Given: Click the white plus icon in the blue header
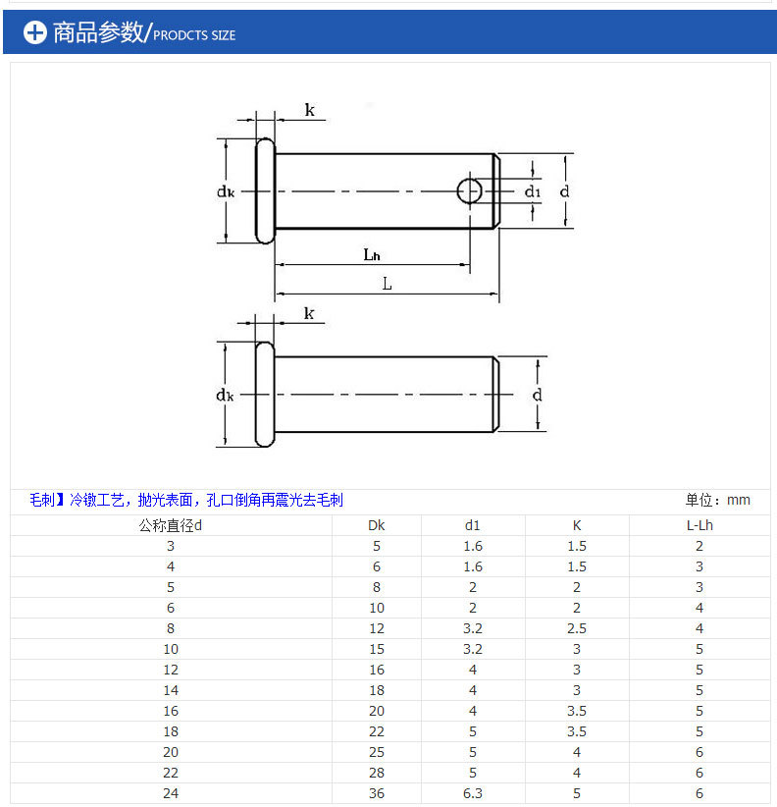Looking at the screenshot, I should (35, 32).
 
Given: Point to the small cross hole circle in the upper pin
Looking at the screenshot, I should (470, 191).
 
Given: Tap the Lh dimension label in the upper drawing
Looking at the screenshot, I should (371, 254).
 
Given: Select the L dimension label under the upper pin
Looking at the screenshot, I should (387, 284).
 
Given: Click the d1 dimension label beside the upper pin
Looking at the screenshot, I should (532, 191).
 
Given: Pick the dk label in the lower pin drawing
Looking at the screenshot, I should (225, 395).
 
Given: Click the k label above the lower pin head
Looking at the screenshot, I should (309, 313).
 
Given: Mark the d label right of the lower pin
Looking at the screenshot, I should (537, 395).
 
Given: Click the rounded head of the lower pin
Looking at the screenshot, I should (264, 394).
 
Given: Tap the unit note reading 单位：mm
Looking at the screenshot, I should (717, 500).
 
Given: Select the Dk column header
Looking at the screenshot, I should (376, 525).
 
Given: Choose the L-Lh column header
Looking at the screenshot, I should (699, 525).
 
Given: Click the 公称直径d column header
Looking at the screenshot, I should (170, 525).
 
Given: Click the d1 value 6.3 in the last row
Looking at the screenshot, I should (473, 793).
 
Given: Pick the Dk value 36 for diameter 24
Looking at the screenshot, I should (376, 793).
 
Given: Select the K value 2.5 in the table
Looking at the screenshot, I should (576, 628).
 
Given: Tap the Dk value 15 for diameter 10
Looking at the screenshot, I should (376, 649).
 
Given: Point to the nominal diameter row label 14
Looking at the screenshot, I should (171, 690).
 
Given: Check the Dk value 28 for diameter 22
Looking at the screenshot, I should (376, 773).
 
